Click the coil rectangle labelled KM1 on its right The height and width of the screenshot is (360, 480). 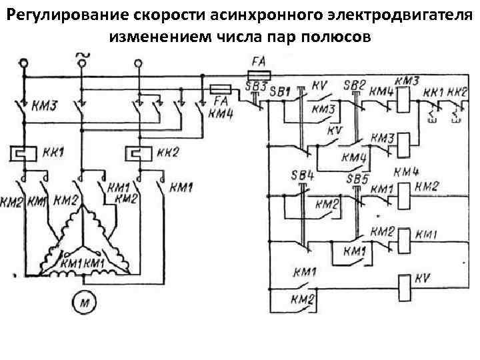pyautogui.click(x=403, y=235)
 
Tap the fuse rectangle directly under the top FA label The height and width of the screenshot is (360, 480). pyautogui.click(x=258, y=74)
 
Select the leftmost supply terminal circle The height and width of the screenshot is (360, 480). pyautogui.click(x=25, y=63)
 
